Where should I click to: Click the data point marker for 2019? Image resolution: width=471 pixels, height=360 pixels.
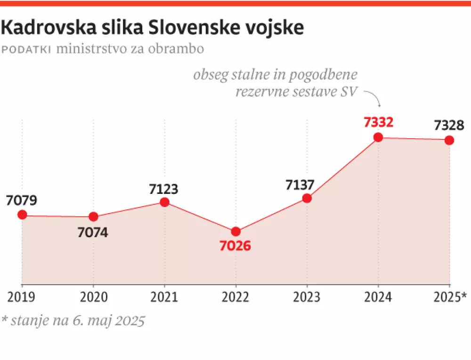click(22, 215)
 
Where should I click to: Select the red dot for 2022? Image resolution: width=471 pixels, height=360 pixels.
click(236, 232)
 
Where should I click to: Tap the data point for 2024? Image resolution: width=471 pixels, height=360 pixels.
click(378, 137)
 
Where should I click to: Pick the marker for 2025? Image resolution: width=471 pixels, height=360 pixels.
click(449, 140)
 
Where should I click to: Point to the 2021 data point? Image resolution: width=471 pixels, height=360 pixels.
click(164, 202)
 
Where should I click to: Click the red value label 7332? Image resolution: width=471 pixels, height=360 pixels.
click(378, 122)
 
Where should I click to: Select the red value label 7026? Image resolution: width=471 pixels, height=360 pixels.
click(235, 246)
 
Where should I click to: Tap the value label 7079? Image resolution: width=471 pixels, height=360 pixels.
click(22, 200)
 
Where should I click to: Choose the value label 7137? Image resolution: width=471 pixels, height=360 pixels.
click(300, 185)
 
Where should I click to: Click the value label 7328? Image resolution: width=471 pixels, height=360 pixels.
click(449, 126)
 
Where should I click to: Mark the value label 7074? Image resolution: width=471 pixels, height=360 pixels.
click(93, 232)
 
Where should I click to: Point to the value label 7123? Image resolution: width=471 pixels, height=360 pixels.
click(164, 189)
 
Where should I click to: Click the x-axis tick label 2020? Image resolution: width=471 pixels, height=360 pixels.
click(93, 297)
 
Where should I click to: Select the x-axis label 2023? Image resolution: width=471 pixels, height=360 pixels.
click(307, 297)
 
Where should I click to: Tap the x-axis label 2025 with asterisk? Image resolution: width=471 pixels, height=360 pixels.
click(450, 297)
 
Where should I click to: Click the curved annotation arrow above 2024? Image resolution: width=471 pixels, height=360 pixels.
click(373, 98)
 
